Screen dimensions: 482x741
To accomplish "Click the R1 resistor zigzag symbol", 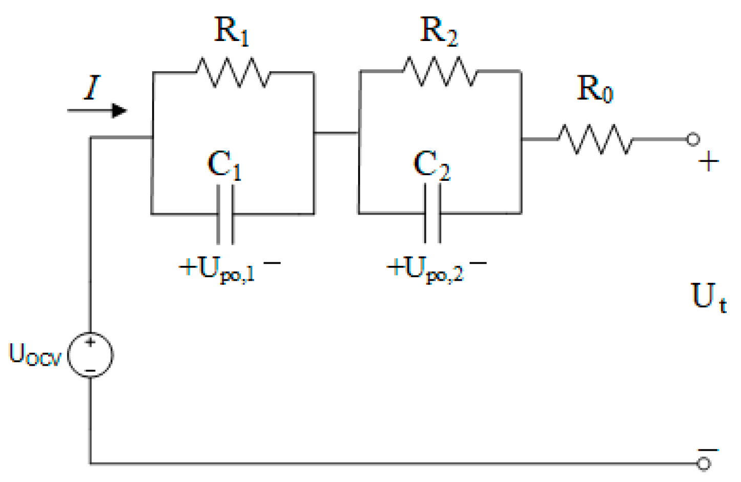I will tap(233, 72).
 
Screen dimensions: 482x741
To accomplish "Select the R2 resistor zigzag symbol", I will tap(440, 71).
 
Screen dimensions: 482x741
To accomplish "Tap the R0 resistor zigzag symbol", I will tap(595, 139).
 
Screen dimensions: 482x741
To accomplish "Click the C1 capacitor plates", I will tap(225, 214).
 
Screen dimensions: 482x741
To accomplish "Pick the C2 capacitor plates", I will tap(433, 213).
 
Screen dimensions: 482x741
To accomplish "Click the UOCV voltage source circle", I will tap(91, 355).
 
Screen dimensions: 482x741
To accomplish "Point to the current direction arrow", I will tap(98, 110).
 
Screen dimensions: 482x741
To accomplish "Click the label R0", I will tap(595, 89).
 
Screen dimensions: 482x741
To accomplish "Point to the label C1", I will tap(224, 165).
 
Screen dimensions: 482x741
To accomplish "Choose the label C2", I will tap(431, 165).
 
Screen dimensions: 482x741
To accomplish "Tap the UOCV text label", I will tap(35, 354).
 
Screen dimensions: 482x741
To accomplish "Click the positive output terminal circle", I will tap(693, 139).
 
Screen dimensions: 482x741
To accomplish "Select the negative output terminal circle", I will tap(704, 464).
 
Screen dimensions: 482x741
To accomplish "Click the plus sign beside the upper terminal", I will tap(709, 162).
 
